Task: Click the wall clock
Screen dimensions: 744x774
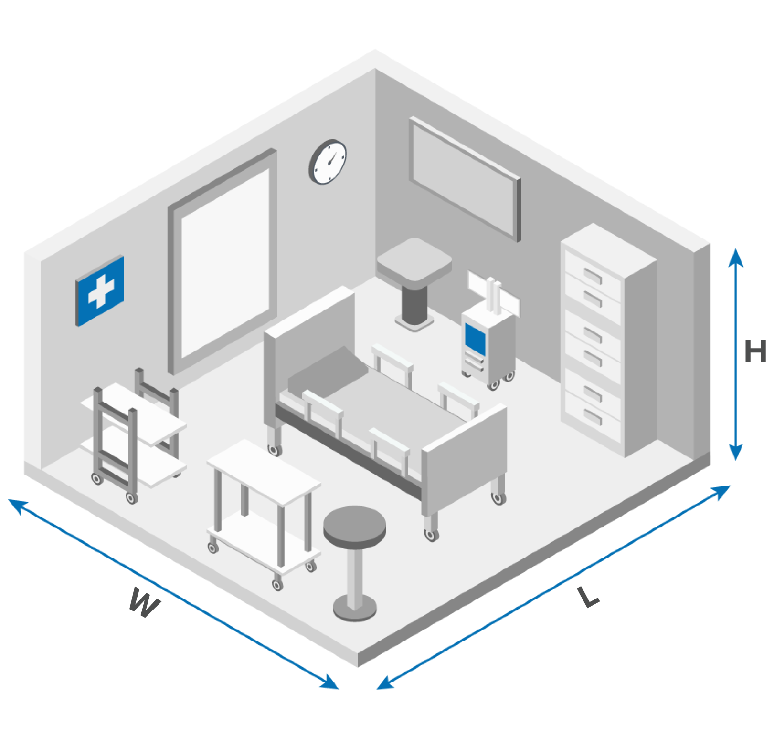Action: click(328, 161)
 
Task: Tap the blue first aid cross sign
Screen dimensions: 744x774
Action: click(100, 290)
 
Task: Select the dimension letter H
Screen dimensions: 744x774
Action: click(755, 351)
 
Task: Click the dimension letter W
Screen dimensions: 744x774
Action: click(144, 603)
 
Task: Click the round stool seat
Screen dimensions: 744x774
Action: click(354, 524)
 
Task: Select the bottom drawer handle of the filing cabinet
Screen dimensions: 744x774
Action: click(593, 416)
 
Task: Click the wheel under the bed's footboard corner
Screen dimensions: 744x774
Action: click(431, 535)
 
